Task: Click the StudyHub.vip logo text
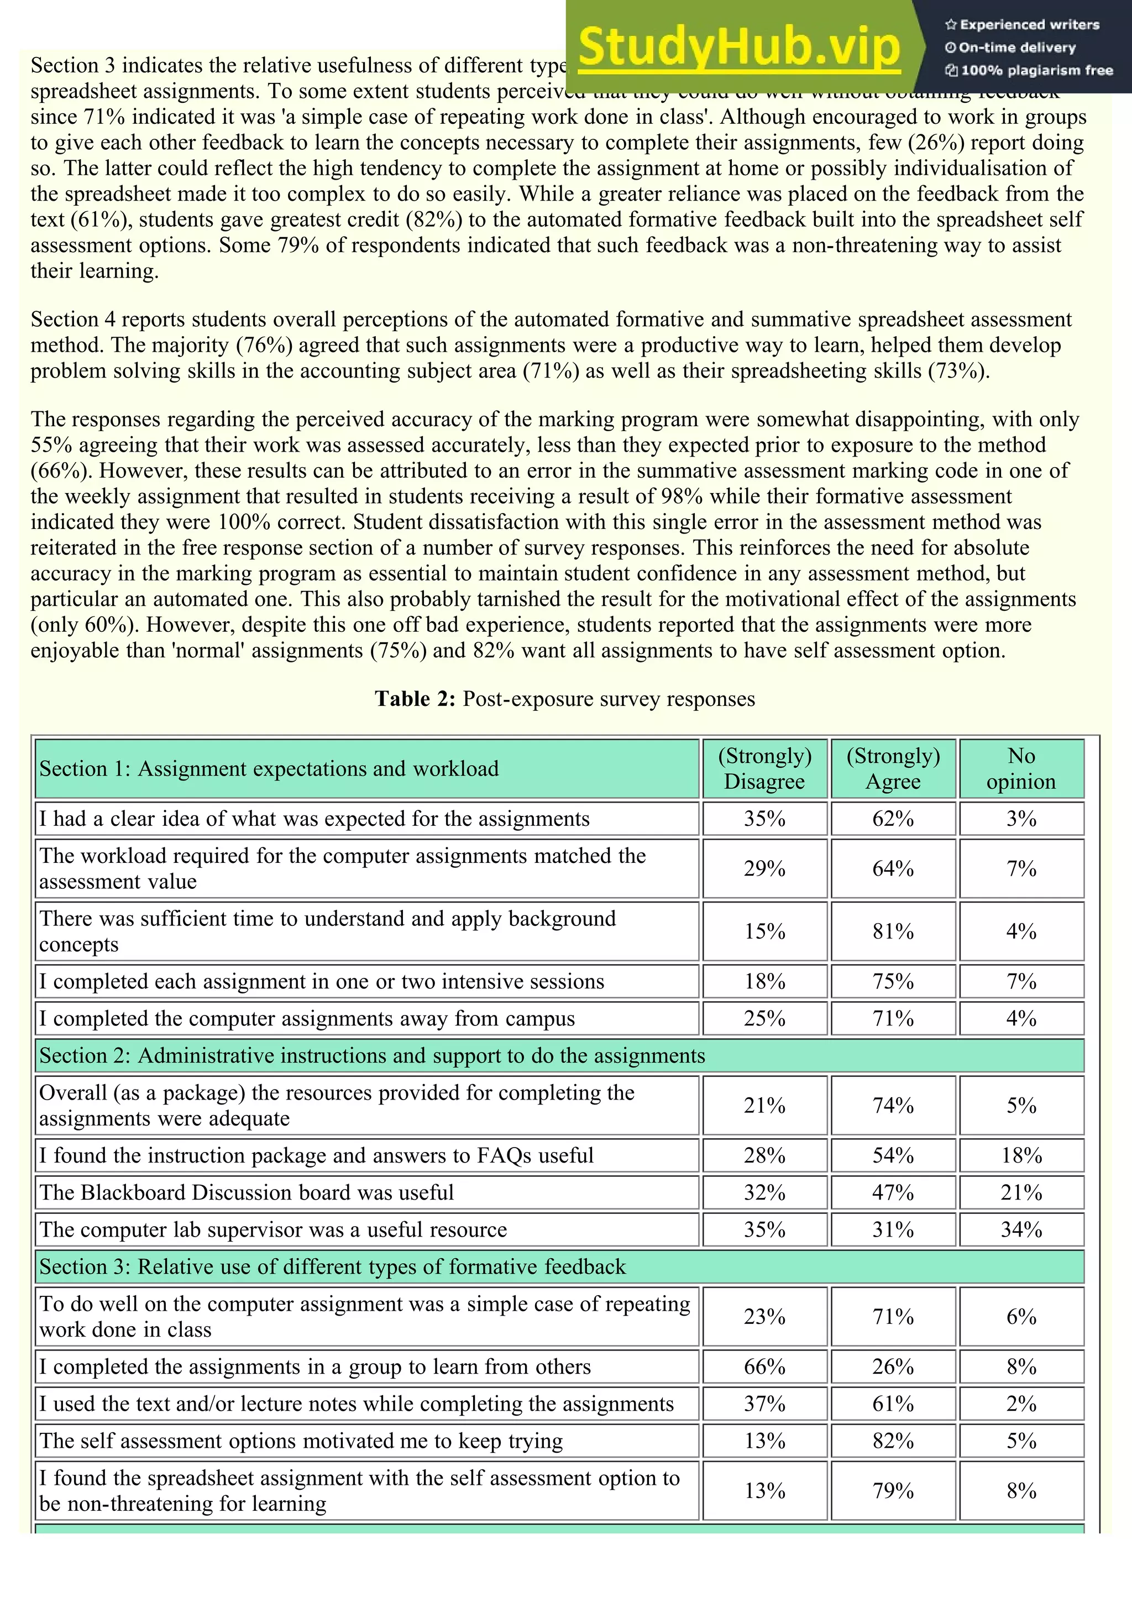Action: click(740, 47)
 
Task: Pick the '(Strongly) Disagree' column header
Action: click(764, 768)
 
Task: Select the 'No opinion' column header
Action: click(1021, 768)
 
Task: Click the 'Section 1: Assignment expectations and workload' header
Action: click(269, 768)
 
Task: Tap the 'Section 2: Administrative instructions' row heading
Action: click(372, 1056)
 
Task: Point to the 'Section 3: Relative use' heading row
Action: click(332, 1266)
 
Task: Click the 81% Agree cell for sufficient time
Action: click(893, 931)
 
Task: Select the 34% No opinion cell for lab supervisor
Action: click(1021, 1229)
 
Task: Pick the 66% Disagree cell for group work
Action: click(764, 1366)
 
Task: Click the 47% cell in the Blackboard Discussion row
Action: click(893, 1192)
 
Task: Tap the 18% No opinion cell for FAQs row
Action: click(1021, 1155)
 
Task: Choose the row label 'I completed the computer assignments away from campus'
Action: click(307, 1019)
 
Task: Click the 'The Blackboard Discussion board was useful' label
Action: click(246, 1192)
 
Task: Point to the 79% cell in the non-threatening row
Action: click(893, 1490)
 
